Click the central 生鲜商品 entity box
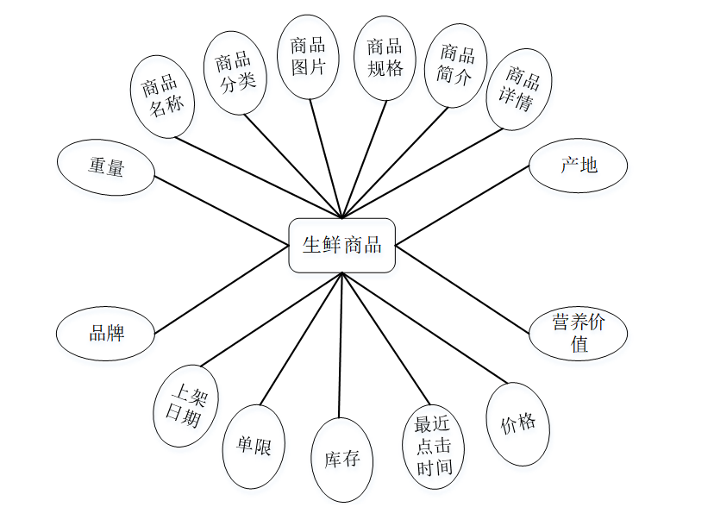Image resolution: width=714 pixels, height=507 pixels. pos(341,246)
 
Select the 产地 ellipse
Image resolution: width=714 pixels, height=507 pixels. pos(578,166)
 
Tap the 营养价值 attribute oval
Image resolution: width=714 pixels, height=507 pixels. pos(578,334)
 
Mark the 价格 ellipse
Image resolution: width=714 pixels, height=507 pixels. pos(517,423)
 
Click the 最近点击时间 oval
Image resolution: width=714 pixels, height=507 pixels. pos(434,446)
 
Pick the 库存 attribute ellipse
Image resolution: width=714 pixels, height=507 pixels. pos(342,460)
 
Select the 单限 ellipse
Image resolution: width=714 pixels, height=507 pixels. pos(254,447)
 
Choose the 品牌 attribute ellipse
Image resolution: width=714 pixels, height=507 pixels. pos(106,332)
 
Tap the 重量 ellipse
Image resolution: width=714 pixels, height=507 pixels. pos(106,166)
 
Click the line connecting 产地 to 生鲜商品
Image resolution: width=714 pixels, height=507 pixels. pos(461,205)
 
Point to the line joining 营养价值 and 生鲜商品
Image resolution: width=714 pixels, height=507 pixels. pos(461,291)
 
